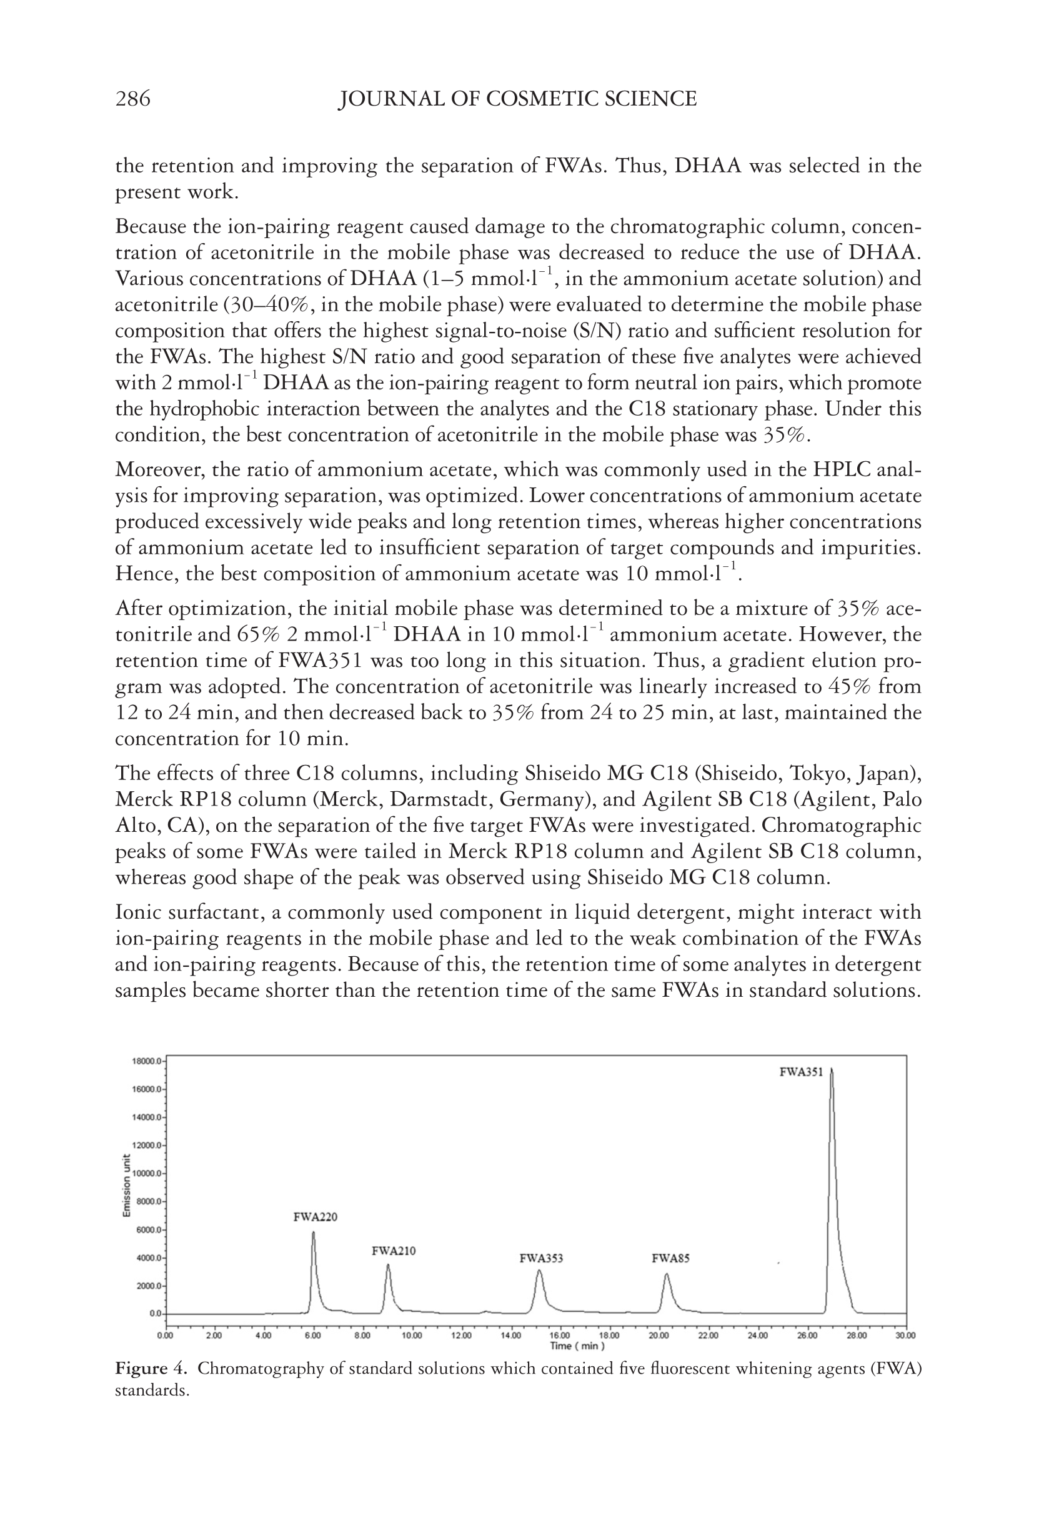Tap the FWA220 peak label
[315, 1217]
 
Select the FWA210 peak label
[394, 1251]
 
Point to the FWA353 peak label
[541, 1258]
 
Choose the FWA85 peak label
[670, 1258]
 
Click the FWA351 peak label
[801, 1072]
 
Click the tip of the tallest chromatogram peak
[832, 1069]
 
